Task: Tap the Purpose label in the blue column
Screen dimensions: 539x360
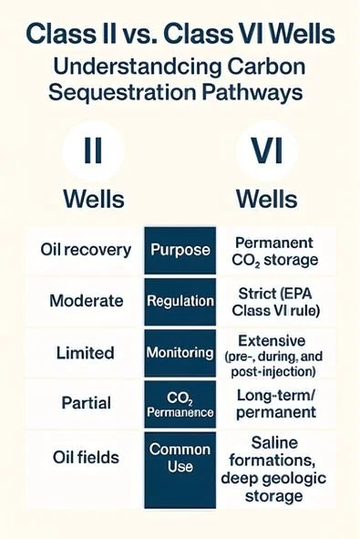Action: pyautogui.click(x=180, y=250)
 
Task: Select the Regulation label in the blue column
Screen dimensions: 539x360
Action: pyautogui.click(x=180, y=300)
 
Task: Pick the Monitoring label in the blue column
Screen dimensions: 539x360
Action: pyautogui.click(x=180, y=351)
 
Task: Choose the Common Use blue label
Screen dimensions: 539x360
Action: pyautogui.click(x=180, y=458)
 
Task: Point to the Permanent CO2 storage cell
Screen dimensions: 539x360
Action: pyautogui.click(x=274, y=252)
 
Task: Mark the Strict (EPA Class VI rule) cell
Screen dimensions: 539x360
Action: pyautogui.click(x=275, y=301)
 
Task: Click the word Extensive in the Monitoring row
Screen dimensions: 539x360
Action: pyautogui.click(x=275, y=338)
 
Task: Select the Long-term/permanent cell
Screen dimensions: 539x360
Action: pyautogui.click(x=275, y=405)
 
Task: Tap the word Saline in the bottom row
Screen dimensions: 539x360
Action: pyautogui.click(x=275, y=443)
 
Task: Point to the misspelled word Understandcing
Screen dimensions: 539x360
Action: pyautogui.click(x=133, y=68)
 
